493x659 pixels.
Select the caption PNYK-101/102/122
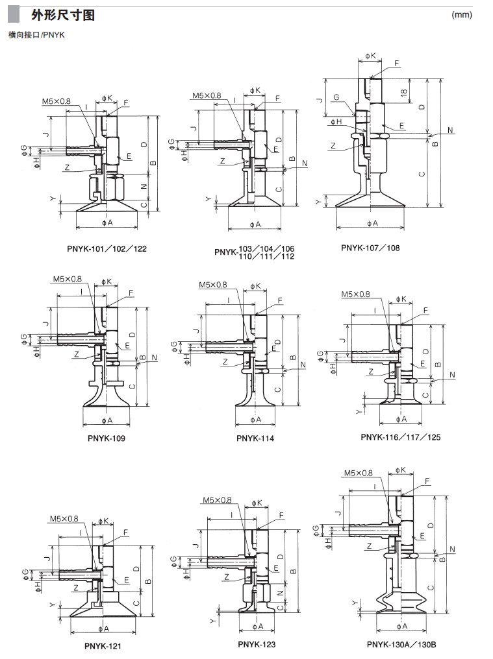[107, 248]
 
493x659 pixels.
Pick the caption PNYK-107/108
[370, 248]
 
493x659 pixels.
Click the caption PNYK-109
[107, 438]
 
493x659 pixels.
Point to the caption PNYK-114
[255, 438]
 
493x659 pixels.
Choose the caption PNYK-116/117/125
[400, 437]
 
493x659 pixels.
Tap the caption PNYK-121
[103, 646]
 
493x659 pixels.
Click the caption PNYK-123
[257, 644]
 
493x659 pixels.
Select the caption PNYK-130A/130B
[401, 644]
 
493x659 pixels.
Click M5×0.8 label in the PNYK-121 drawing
[64, 519]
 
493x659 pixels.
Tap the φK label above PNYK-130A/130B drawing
[400, 470]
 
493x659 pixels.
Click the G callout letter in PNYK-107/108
[336, 97]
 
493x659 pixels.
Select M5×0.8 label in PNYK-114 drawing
[213, 285]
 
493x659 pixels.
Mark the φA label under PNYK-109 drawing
[107, 420]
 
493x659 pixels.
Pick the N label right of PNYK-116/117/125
[452, 375]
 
